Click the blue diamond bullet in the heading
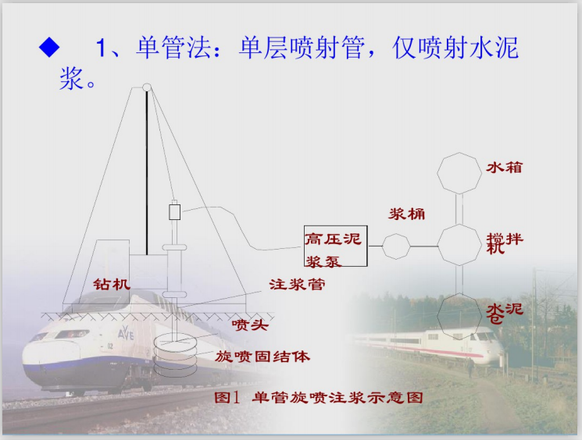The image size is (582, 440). (48, 48)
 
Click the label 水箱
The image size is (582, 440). (505, 167)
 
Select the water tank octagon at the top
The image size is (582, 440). (459, 172)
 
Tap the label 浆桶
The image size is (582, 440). (407, 214)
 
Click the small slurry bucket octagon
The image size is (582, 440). (395, 247)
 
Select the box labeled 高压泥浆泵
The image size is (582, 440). (334, 247)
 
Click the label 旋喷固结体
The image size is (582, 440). (262, 357)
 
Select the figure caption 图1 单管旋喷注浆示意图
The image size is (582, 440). (318, 397)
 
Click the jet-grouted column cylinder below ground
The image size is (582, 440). (177, 352)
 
